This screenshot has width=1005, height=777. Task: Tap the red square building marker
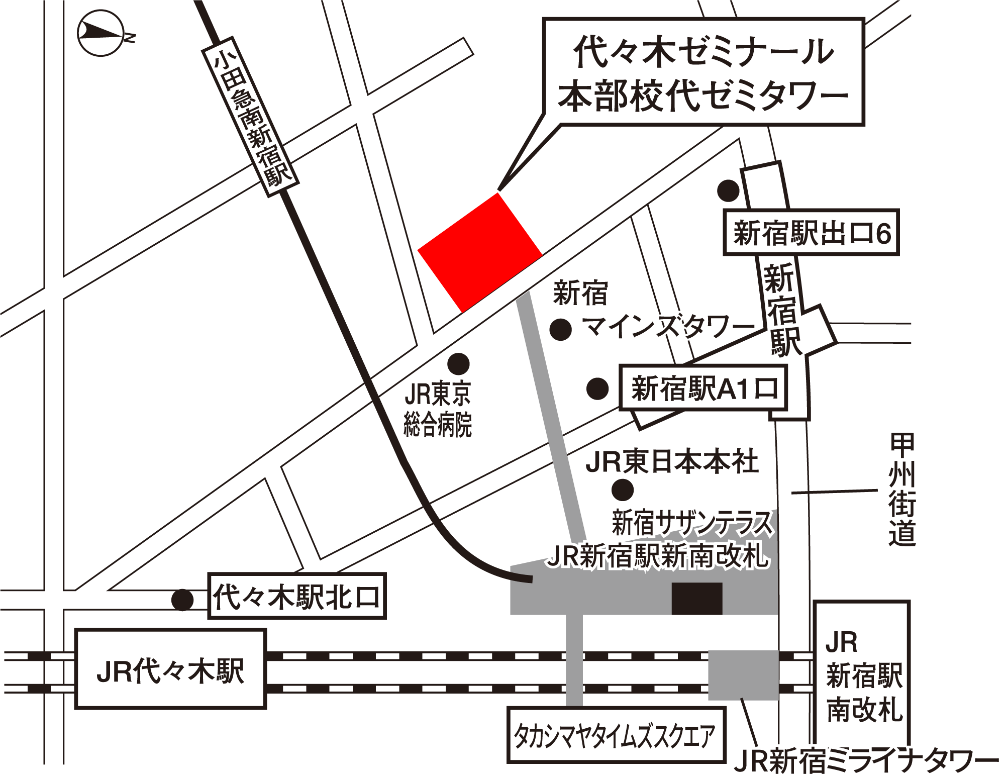[x=480, y=253]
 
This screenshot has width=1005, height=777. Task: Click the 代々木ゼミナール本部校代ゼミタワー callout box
[x=703, y=72]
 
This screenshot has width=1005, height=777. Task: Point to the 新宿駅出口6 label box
[x=811, y=233]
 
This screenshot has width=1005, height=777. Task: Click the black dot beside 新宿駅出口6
[x=728, y=191]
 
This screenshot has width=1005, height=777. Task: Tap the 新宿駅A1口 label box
[x=703, y=388]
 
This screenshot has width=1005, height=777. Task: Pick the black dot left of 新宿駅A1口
[x=597, y=388]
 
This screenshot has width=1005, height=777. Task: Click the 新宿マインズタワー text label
[x=653, y=312]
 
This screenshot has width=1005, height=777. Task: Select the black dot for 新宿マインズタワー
[x=561, y=330]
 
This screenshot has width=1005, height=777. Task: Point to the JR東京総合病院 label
[x=438, y=410]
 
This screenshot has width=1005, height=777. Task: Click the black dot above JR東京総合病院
[x=458, y=363]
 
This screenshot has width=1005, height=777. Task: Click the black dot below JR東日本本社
[x=623, y=490]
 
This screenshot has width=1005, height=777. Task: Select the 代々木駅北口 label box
[x=296, y=597]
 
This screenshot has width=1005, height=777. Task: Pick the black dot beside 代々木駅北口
[x=182, y=600]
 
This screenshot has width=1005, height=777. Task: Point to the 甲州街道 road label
[x=901, y=490]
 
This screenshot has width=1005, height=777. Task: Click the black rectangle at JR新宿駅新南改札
[x=697, y=598]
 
